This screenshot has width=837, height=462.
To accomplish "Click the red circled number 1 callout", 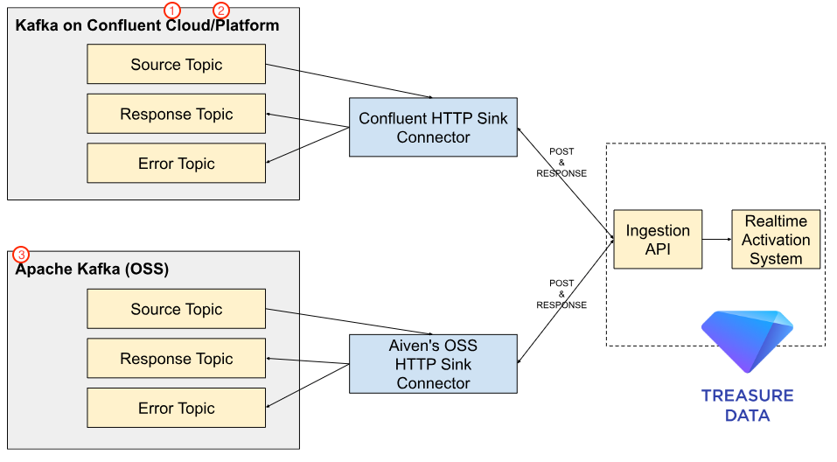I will (172, 10).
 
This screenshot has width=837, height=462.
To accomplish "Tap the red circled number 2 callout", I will (221, 10).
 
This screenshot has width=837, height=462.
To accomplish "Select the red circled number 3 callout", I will (21, 255).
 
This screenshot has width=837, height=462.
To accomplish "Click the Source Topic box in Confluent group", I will (176, 65).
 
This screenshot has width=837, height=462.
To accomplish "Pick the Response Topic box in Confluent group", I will (176, 114).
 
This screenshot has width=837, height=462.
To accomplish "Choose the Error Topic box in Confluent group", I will (176, 164).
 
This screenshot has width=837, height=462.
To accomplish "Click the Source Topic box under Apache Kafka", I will (176, 309).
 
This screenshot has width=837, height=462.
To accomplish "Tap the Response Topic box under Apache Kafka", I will (176, 359).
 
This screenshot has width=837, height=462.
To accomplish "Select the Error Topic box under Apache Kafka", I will (176, 408).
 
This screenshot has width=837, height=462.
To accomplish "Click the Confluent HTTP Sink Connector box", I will (433, 128).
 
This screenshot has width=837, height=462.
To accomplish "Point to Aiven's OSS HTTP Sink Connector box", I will (433, 364).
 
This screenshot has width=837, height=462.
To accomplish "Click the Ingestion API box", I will (658, 240).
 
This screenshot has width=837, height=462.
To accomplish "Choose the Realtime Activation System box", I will (776, 240).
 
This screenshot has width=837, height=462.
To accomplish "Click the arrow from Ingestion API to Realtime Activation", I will (717, 239).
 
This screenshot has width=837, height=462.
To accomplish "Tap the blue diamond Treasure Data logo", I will (747, 340).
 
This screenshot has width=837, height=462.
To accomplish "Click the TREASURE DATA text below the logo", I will (747, 405).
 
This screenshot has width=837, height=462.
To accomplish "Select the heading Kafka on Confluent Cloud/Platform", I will (147, 25).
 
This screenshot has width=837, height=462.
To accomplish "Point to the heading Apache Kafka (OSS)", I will (93, 269).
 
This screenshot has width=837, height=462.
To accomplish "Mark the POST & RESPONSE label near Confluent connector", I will (561, 163).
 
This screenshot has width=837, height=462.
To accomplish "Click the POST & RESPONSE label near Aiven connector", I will (561, 294).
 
